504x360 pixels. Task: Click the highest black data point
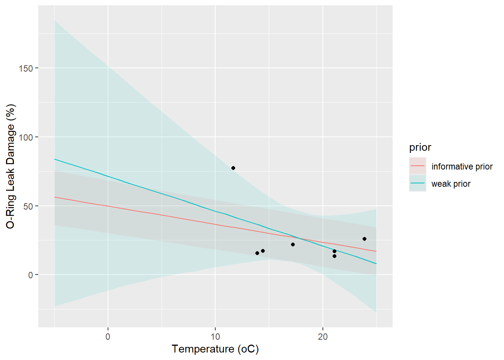pos(233,168)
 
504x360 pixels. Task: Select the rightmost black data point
pos(364,239)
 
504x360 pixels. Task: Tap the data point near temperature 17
pos(293,244)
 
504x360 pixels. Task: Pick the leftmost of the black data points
pos(233,168)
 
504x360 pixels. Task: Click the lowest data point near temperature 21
pos(334,256)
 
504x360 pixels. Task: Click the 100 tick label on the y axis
pos(26,137)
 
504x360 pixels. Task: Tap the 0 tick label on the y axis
pos(30,275)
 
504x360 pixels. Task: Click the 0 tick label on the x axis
pos(108,337)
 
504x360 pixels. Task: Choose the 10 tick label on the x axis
pos(215,337)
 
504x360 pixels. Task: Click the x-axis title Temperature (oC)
pos(215,349)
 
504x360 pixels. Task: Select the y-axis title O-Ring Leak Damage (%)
pos(10,166)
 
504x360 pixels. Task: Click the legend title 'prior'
pos(420,147)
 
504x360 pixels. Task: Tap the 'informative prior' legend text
pos(462,166)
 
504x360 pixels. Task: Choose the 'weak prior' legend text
pos(451,184)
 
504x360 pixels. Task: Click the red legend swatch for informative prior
pos(417,166)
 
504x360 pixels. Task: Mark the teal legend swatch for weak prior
pos(417,183)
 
